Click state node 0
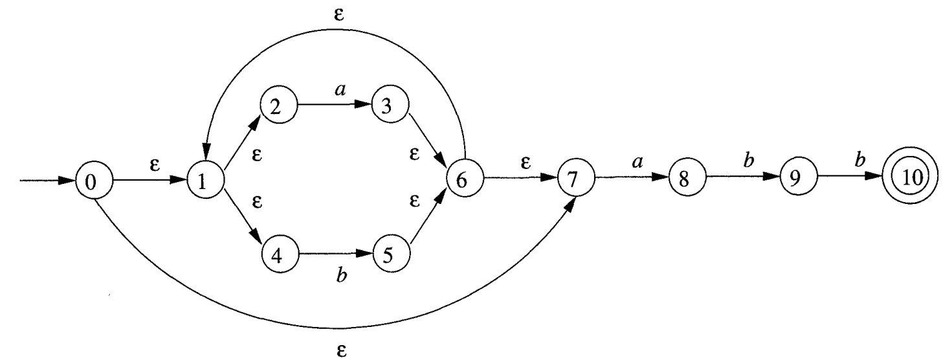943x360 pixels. (x=94, y=182)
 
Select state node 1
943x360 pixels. (x=206, y=181)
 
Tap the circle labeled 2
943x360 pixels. (x=278, y=107)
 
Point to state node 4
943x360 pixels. (x=280, y=254)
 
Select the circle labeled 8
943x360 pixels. (x=685, y=181)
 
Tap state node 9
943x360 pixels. (x=797, y=181)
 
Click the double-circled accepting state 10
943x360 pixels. (x=911, y=180)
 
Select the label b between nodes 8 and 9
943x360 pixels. (x=749, y=161)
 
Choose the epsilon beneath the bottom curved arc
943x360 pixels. (x=342, y=350)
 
